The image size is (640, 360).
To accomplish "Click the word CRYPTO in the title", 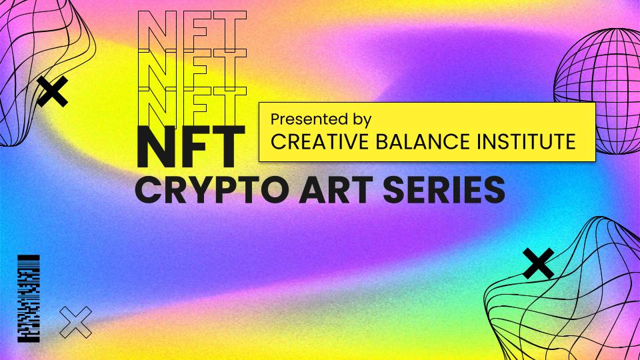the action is tap(213, 189).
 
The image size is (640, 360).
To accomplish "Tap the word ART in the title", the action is tap(337, 189).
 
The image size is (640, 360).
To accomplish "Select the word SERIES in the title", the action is tap(444, 189).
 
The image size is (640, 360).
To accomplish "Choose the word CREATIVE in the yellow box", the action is tap(319, 141).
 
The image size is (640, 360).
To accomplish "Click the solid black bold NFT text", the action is tap(191, 147).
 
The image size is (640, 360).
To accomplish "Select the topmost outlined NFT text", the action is tap(192, 30).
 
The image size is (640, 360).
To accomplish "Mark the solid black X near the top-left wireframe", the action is tap(53, 91).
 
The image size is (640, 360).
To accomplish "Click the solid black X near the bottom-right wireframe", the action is tap(539, 263).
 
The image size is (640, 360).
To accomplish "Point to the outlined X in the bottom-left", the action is tap(75, 323).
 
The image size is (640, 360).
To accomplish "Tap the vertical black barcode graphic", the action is tap(29, 299).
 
